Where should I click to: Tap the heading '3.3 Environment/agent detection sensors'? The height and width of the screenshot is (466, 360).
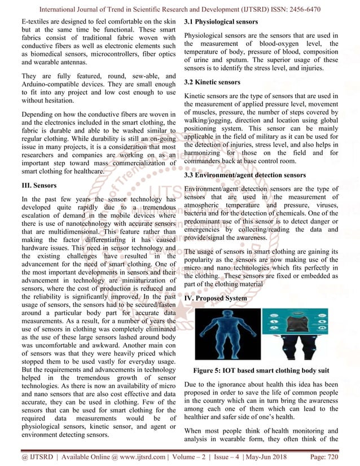245,175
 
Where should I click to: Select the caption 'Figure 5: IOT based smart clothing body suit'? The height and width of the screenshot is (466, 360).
262,370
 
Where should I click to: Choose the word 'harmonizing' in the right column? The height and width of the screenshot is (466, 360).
208,152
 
